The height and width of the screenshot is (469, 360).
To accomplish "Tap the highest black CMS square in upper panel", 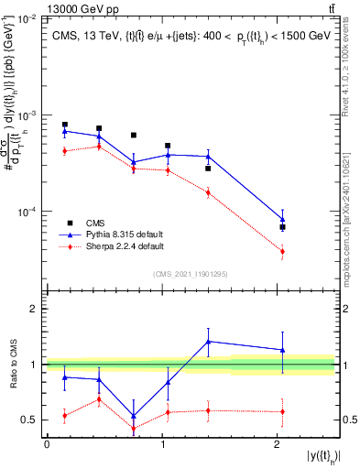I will click(65, 125).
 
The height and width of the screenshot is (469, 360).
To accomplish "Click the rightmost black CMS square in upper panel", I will click(283, 227).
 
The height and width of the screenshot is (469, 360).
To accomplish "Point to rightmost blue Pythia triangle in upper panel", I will click(283, 219).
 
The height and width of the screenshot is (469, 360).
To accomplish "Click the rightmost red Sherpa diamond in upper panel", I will click(283, 251).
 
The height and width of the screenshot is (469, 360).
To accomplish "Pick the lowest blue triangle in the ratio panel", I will click(134, 416).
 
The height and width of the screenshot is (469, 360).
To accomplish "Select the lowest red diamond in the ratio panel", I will click(134, 429).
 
